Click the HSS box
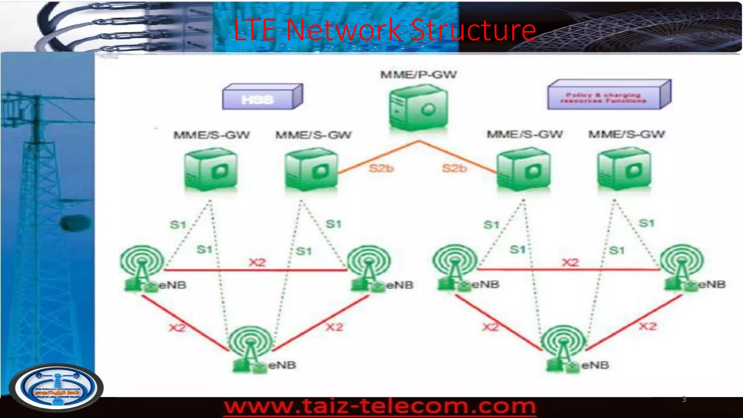[262, 97]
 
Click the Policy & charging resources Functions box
[608, 95]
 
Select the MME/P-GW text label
[418, 75]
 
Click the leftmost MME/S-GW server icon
[211, 169]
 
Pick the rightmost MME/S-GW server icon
[624, 169]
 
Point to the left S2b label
[381, 168]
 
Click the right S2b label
[454, 168]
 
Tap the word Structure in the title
[473, 30]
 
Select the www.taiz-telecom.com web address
[380, 406]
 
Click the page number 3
[684, 399]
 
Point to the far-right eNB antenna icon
[682, 267]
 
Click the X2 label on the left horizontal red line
[257, 262]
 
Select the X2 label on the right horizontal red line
[570, 262]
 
